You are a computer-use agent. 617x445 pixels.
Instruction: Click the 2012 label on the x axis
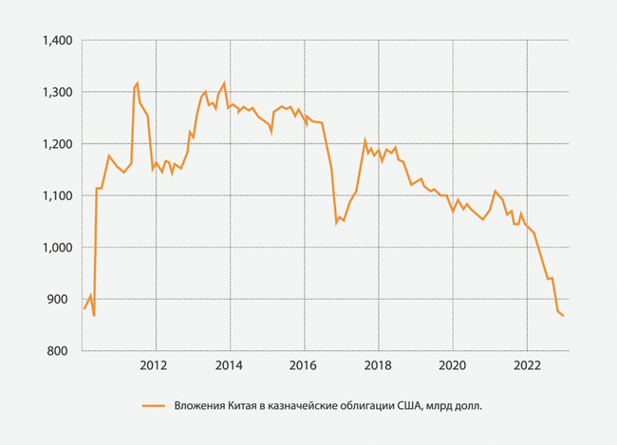[154, 365]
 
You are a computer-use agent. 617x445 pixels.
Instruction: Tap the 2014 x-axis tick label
[228, 365]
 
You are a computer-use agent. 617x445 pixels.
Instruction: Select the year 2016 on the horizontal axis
[303, 365]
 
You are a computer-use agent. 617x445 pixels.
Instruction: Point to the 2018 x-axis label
[378, 365]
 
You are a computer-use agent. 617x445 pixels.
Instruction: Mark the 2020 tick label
[453, 365]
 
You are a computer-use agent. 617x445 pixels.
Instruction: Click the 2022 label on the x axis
[528, 365]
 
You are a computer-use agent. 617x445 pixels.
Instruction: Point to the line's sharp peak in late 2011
[138, 83]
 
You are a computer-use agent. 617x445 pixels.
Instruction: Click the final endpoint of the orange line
[564, 316]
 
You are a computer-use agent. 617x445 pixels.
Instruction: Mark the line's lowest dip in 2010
[94, 315]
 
